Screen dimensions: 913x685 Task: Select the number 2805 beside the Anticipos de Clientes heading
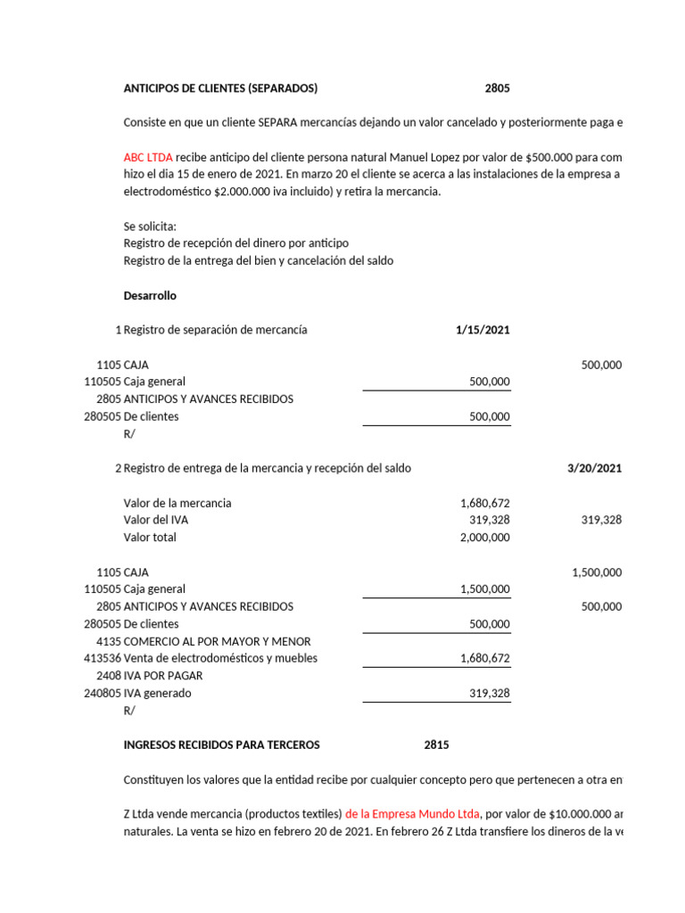click(498, 88)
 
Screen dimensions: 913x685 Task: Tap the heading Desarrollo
click(150, 295)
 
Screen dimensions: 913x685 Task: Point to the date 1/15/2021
click(483, 330)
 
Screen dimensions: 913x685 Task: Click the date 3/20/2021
click(594, 468)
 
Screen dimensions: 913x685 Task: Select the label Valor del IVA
click(156, 520)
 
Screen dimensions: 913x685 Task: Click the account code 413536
click(102, 659)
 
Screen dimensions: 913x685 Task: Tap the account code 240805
click(102, 694)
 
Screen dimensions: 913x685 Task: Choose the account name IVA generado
click(157, 694)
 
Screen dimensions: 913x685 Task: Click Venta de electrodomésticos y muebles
click(220, 659)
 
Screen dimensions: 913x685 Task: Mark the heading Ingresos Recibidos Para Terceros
click(221, 745)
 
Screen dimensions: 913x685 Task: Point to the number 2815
click(436, 745)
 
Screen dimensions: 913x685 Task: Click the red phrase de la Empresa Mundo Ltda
click(413, 814)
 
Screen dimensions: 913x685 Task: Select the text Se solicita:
click(150, 226)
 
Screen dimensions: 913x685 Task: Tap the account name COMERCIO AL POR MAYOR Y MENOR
click(217, 642)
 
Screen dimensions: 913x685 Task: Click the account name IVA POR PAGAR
click(163, 676)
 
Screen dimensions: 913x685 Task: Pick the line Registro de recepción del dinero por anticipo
click(236, 243)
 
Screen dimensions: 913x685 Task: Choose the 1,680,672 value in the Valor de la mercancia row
click(483, 503)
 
